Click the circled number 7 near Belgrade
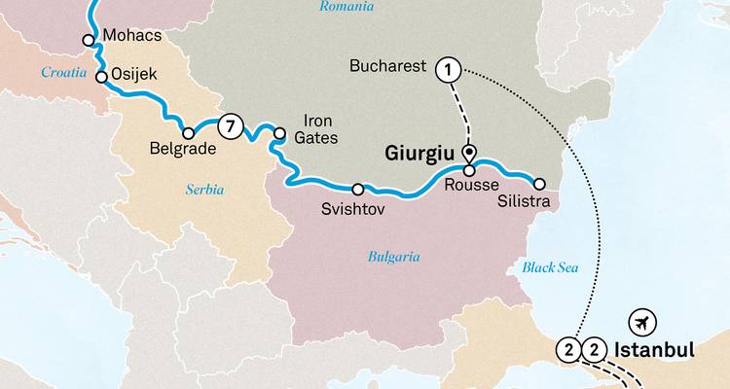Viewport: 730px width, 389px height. tap(230, 124)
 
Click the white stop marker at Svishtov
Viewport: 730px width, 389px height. tap(358, 189)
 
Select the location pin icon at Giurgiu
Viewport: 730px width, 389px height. tap(468, 152)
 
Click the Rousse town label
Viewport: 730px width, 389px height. tap(471, 185)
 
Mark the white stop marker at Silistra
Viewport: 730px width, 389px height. tap(539, 183)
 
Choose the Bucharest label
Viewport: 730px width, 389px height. tap(388, 66)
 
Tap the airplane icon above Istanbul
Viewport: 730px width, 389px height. tap(641, 322)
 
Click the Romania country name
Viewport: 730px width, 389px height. tap(347, 8)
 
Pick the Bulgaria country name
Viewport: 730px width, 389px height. tap(393, 257)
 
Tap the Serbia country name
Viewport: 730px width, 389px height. tap(204, 190)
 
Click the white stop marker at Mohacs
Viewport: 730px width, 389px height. tap(89, 41)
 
